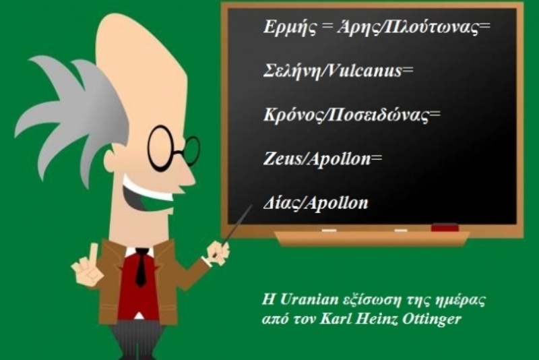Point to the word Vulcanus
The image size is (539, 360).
361,71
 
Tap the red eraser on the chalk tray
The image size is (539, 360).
444,228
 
